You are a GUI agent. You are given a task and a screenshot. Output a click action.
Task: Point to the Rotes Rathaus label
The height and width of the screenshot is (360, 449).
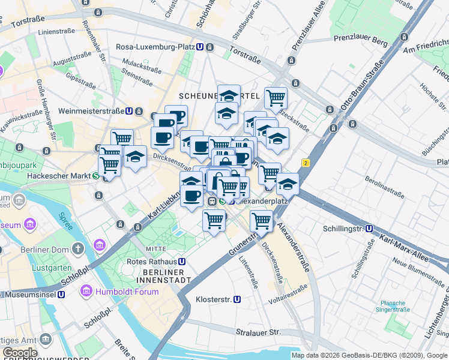click(152, 262)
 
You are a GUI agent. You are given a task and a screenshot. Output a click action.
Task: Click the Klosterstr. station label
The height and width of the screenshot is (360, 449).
click(214, 299)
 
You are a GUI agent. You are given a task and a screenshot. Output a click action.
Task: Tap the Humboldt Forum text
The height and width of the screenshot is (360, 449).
click(127, 292)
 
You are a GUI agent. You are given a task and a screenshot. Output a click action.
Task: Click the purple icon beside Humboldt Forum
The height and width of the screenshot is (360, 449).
click(87, 292)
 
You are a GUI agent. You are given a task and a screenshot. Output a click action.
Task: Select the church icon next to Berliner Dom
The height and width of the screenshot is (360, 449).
click(78, 248)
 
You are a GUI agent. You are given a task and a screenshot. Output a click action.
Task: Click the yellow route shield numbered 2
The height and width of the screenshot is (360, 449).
click(306, 163)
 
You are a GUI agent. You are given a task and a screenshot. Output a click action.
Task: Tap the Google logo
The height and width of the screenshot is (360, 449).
click(20, 353)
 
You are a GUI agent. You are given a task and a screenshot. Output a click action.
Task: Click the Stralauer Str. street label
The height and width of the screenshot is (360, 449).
click(259, 332)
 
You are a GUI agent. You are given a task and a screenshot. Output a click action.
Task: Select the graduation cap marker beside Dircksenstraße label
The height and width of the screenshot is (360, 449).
click(135, 157)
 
